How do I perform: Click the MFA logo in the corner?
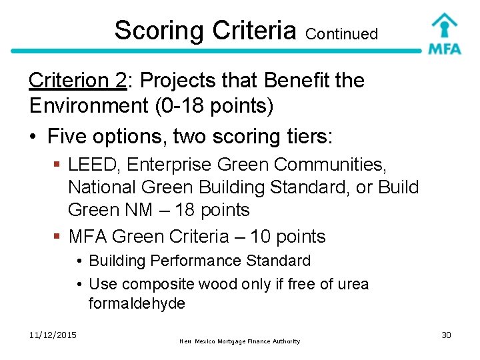click(444, 33)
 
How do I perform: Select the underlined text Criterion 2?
click(77, 81)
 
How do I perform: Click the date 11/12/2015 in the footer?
click(53, 335)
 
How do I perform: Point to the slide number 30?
click(446, 335)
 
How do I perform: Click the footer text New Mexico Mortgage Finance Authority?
click(240, 341)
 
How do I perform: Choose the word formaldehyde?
click(136, 304)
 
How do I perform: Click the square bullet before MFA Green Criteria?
click(57, 237)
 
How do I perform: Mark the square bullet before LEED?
click(57, 164)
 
